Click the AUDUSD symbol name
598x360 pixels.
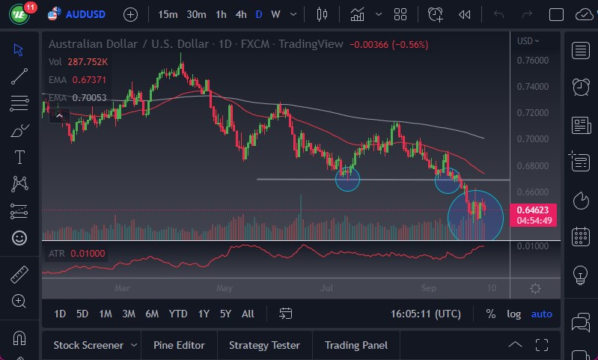pyautogui.click(x=85, y=14)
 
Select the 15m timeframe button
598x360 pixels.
pyautogui.click(x=168, y=14)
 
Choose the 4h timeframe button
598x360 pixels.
pyautogui.click(x=240, y=14)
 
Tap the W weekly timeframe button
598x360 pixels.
pyautogui.click(x=275, y=14)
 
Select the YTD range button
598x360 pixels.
pyautogui.click(x=178, y=314)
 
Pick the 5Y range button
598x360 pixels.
pyautogui.click(x=225, y=314)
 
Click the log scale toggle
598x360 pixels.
pyautogui.click(x=513, y=314)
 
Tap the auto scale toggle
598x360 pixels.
pyautogui.click(x=541, y=314)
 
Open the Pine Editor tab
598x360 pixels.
pyautogui.click(x=179, y=345)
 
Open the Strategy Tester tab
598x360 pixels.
pyautogui.click(x=264, y=345)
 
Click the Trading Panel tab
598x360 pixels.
pyautogui.click(x=356, y=345)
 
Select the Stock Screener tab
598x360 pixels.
pyautogui.click(x=88, y=345)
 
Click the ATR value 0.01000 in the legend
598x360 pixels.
pyautogui.click(x=88, y=254)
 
